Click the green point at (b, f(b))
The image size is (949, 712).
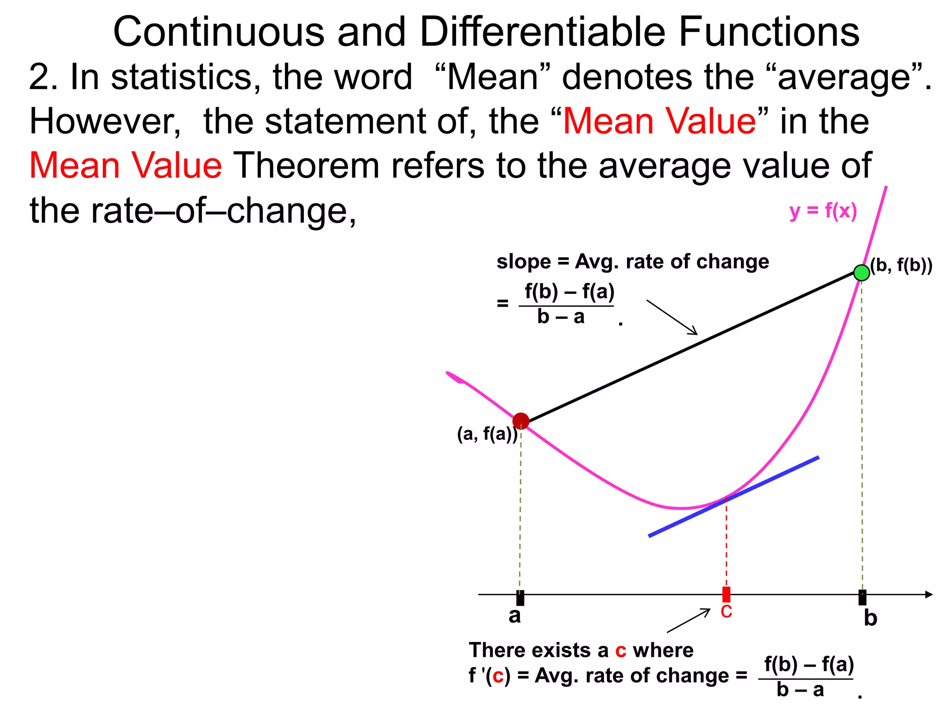[x=861, y=273]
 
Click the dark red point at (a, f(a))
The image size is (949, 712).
[x=521, y=421]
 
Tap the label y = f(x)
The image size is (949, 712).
[x=823, y=211]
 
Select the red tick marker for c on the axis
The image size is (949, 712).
[x=726, y=594]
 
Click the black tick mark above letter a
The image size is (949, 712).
[x=520, y=598]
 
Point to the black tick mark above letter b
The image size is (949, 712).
[x=862, y=598]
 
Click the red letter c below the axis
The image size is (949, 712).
[x=726, y=612]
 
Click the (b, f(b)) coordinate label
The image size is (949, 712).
[x=901, y=265]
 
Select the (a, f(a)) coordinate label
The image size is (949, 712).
[x=487, y=434]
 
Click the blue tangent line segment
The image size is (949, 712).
[x=734, y=496]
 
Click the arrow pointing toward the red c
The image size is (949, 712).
[x=689, y=621]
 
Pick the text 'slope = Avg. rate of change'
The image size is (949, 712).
[x=633, y=262]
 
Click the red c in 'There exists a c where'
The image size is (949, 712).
[x=620, y=650]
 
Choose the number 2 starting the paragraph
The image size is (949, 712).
[x=38, y=77]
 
